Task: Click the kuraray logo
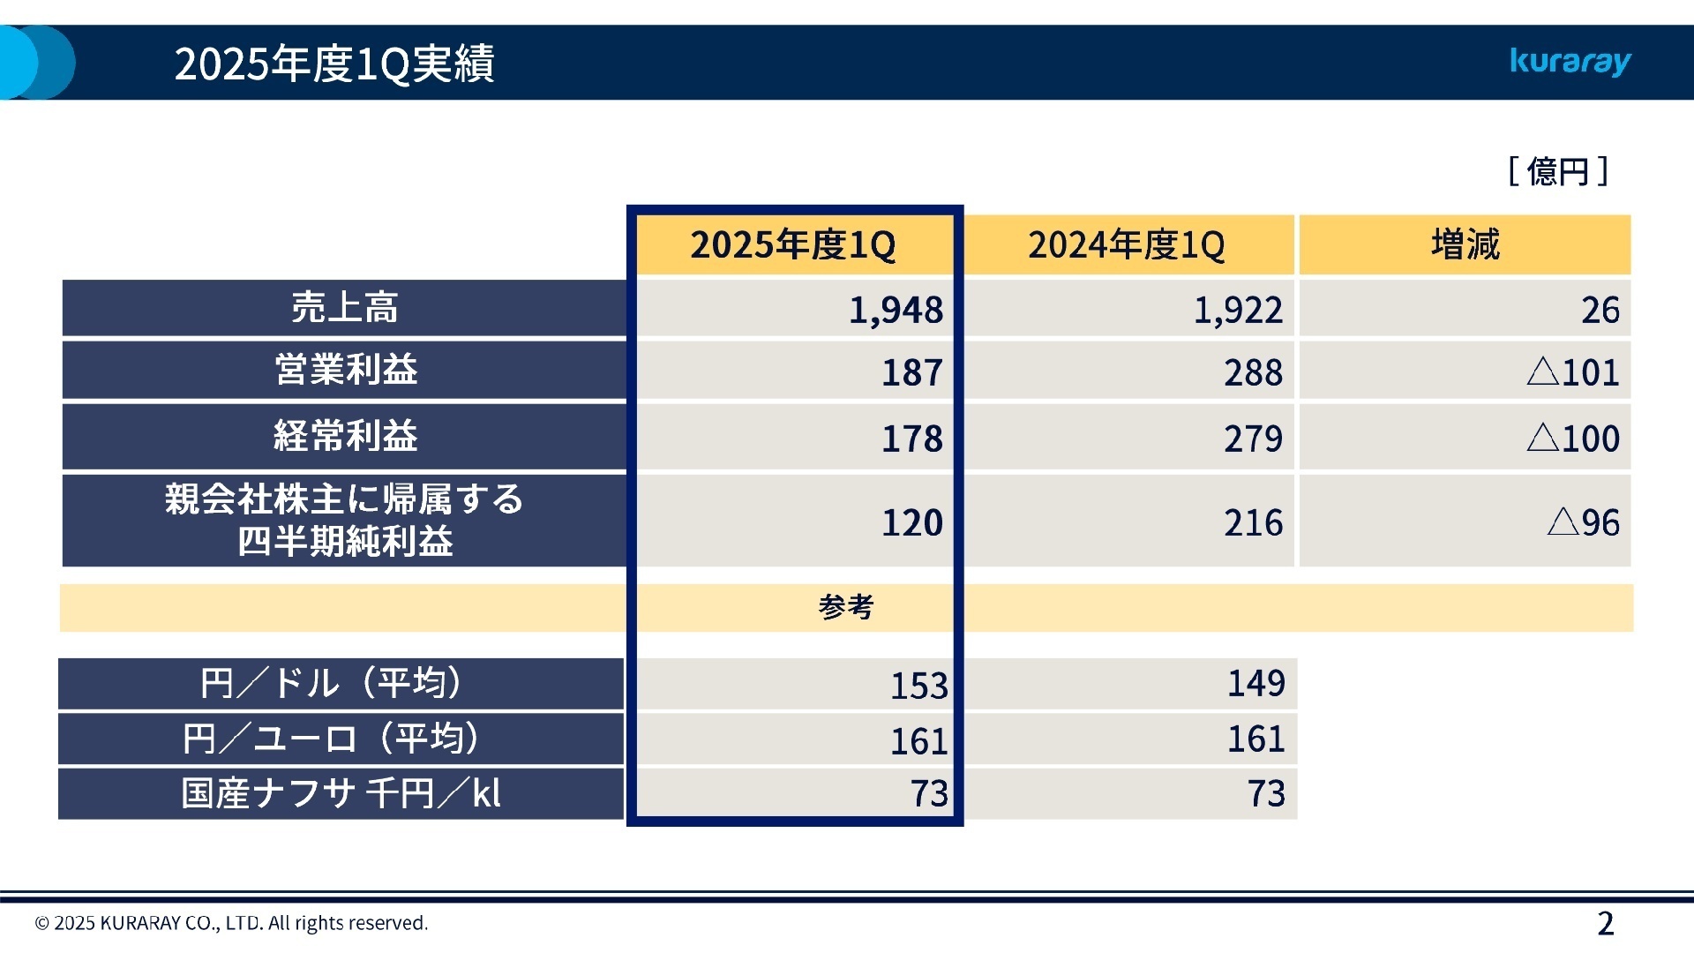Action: tap(1570, 62)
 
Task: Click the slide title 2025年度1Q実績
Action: tap(334, 64)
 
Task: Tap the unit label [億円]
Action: tap(1558, 171)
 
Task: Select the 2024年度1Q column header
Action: tap(1127, 244)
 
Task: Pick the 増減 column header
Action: tap(1465, 244)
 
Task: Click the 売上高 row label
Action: tap(344, 308)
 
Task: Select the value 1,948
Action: tap(896, 310)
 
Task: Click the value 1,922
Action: tap(1238, 310)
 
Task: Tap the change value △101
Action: tap(1573, 372)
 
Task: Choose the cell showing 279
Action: tap(1253, 439)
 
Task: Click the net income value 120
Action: tap(912, 522)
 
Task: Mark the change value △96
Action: tap(1584, 522)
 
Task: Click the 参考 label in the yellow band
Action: tap(845, 607)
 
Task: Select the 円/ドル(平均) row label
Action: tap(331, 683)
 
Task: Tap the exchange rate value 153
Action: tap(918, 686)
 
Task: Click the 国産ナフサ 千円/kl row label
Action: tap(341, 793)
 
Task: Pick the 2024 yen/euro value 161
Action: tap(1256, 739)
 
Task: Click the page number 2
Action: tap(1605, 923)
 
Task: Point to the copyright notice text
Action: tap(231, 923)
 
